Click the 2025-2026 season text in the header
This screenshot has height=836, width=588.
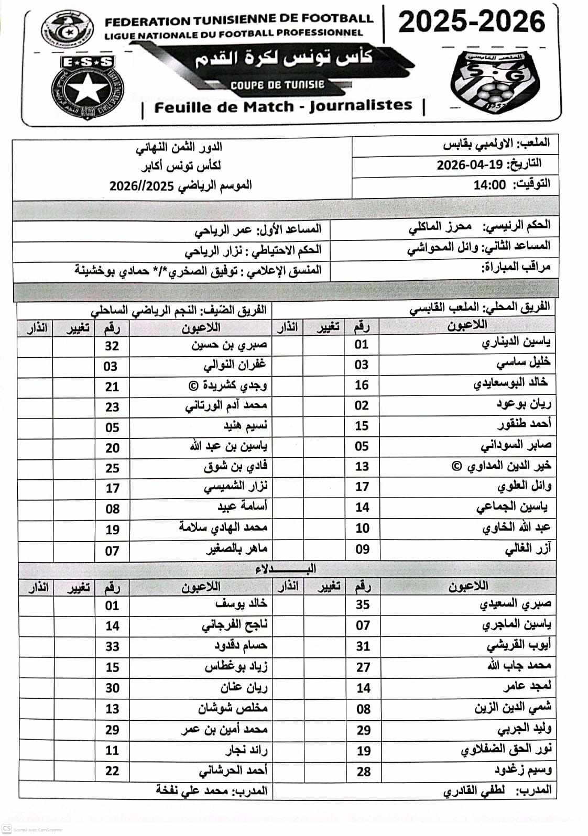pos(472,22)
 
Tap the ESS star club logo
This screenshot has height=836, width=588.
pos(87,86)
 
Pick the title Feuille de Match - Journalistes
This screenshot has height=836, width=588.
pos(284,107)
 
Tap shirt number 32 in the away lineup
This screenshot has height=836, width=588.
pos(112,346)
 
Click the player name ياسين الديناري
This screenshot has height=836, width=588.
pos(516,343)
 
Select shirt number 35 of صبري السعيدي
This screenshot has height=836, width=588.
pos(363,605)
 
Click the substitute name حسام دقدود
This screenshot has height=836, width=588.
pos(241,646)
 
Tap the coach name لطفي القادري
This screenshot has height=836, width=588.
pos(474,791)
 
